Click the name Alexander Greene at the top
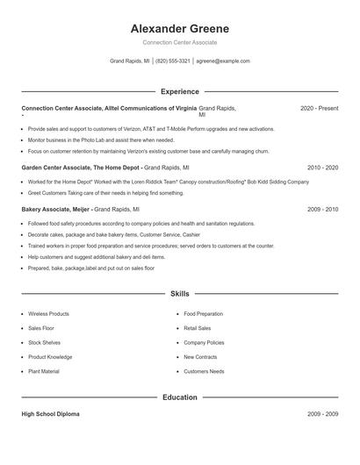pyautogui.click(x=179, y=28)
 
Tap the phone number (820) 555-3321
pyautogui.click(x=174, y=61)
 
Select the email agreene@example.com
pyautogui.click(x=223, y=61)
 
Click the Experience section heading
pyautogui.click(x=179, y=91)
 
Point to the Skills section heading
pyautogui.click(x=179, y=294)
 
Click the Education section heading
pyautogui.click(x=179, y=397)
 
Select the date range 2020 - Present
pyautogui.click(x=319, y=108)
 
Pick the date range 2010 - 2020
pyautogui.click(x=322, y=167)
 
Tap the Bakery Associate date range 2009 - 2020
pyautogui.click(x=322, y=210)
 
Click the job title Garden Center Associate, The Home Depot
pyautogui.click(x=80, y=167)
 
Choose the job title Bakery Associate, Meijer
pyautogui.click(x=55, y=210)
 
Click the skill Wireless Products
pyautogui.click(x=48, y=313)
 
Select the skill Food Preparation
pyautogui.click(x=203, y=313)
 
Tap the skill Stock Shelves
pyautogui.click(x=44, y=342)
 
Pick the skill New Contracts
pyautogui.click(x=201, y=357)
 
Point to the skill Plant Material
pyautogui.click(x=44, y=371)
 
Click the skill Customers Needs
pyautogui.click(x=204, y=371)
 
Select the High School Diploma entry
pyautogui.click(x=50, y=414)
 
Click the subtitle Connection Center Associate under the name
pyautogui.click(x=179, y=42)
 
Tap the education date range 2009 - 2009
pyautogui.click(x=322, y=414)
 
